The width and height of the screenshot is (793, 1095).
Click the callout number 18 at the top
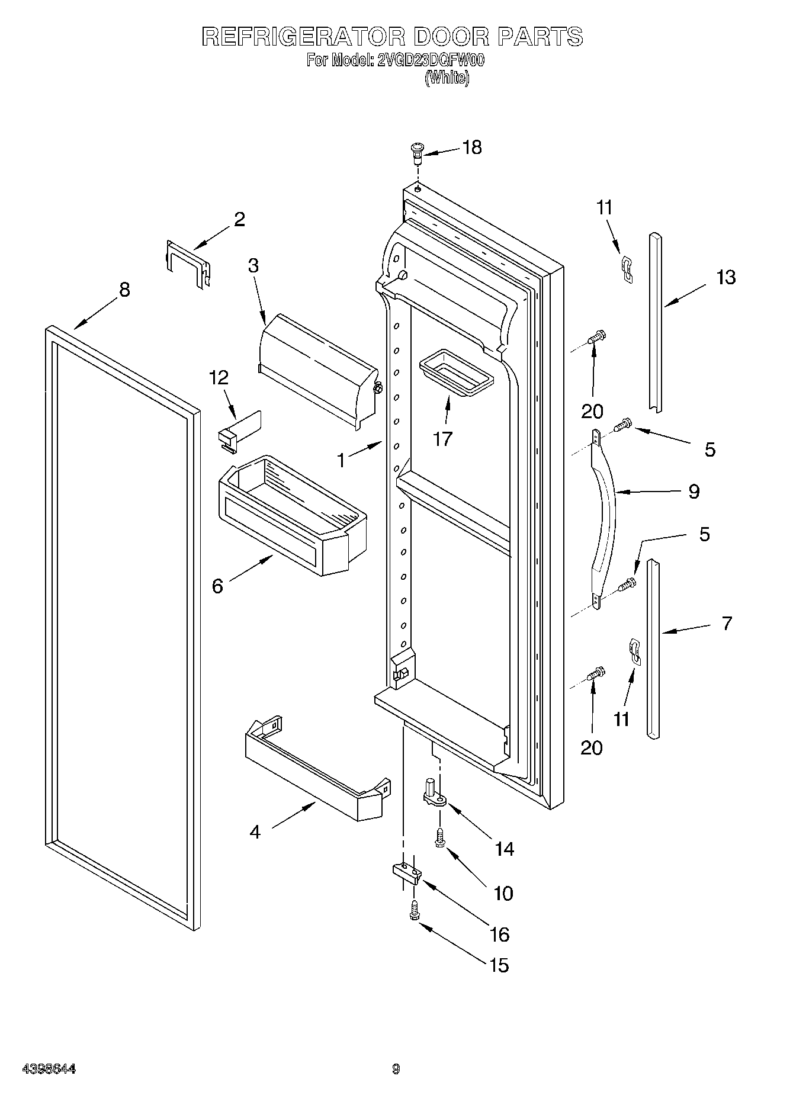[x=472, y=147]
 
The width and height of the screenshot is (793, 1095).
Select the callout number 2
[x=239, y=220]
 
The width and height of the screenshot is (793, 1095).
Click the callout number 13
[x=726, y=277]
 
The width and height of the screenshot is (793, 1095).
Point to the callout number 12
[x=219, y=378]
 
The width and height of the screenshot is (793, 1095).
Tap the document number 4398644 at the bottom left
[x=49, y=1069]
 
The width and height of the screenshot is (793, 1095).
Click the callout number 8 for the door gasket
[x=124, y=290]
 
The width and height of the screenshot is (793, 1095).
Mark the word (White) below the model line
[x=447, y=78]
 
